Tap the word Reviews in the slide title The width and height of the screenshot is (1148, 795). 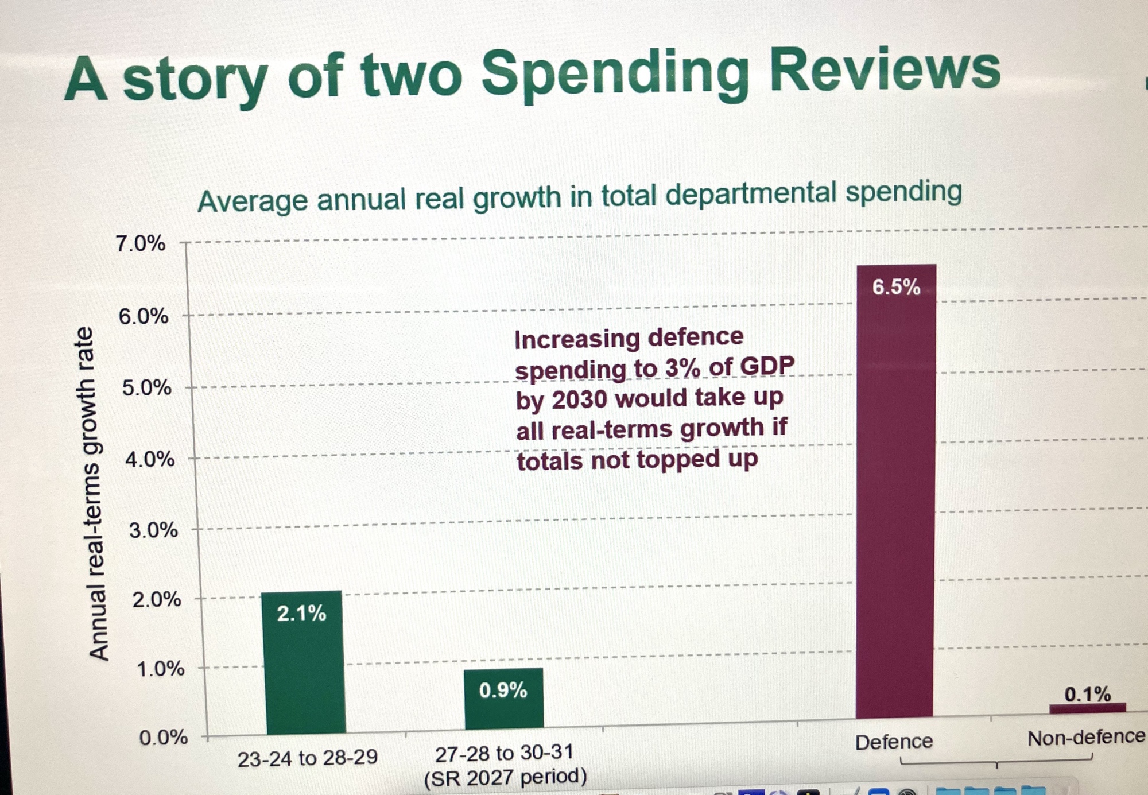point(885,69)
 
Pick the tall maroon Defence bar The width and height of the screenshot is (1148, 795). point(895,494)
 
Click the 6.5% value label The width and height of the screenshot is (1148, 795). point(896,287)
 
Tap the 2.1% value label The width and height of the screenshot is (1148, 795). point(301,614)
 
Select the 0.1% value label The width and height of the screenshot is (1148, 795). point(1087,694)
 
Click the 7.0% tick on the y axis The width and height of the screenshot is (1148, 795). point(141,244)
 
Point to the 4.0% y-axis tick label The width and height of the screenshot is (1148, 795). point(150,459)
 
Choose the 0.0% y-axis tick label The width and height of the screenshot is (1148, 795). point(164,737)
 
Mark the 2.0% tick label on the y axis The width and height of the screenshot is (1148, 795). point(157,600)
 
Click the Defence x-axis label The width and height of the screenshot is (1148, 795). point(894,742)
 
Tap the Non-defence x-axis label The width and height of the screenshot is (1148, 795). point(1085,738)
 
